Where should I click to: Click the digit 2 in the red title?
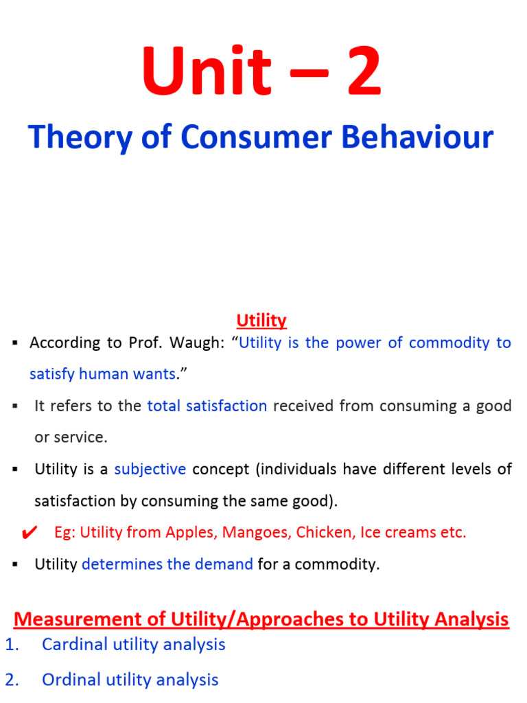(353, 73)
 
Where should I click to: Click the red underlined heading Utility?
(261, 321)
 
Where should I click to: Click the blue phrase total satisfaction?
(207, 406)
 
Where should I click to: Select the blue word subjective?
(150, 470)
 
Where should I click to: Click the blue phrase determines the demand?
(167, 564)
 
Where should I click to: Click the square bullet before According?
(14, 343)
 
